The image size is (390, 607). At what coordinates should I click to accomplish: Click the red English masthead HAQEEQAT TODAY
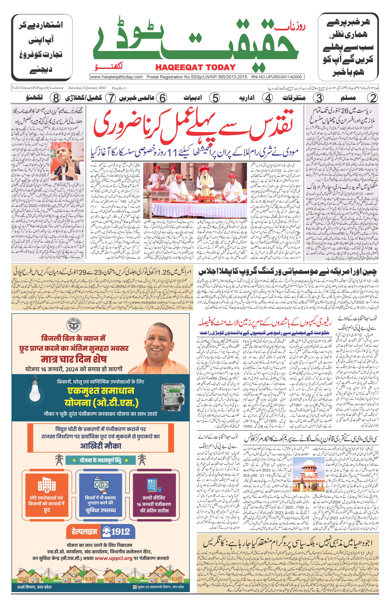pyautogui.click(x=195, y=67)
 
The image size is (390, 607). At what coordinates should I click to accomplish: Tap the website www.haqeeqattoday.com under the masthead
pyautogui.click(x=116, y=77)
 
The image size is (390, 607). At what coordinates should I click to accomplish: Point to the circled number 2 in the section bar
pyautogui.click(x=372, y=98)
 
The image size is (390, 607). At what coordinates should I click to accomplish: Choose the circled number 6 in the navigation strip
pyautogui.click(x=162, y=98)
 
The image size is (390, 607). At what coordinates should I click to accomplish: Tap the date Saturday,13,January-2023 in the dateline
pyautogui.click(x=87, y=88)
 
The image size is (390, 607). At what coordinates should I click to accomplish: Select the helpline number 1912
pyautogui.click(x=120, y=531)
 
